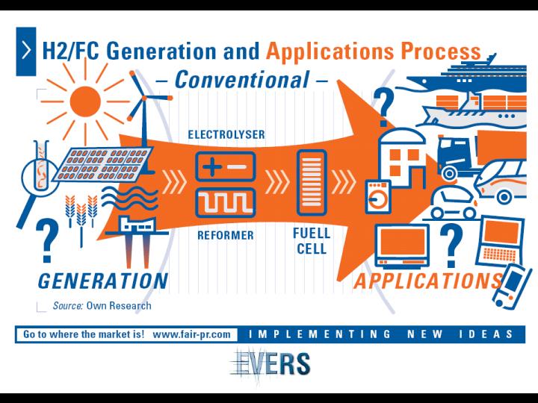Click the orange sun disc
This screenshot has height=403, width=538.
tap(85, 101)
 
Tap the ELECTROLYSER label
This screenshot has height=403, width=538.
tap(226, 134)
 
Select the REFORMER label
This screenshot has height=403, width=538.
tap(226, 235)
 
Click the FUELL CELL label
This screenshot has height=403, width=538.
tap(312, 241)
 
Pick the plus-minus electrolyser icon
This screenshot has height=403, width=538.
tap(226, 167)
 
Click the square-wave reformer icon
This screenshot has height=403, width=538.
tap(226, 202)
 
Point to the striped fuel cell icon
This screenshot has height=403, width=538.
tap(312, 182)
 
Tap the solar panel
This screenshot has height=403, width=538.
tap(102, 164)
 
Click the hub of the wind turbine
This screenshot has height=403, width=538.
tap(144, 99)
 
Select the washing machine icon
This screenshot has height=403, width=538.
tap(378, 197)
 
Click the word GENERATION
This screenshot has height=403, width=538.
tap(103, 281)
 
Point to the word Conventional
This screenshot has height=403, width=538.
tap(242, 80)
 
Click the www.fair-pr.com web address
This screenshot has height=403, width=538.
tap(191, 334)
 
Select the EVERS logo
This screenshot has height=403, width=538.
tap(270, 363)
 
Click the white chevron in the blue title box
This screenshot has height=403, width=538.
tap(26, 51)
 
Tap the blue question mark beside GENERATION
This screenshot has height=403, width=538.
tap(47, 240)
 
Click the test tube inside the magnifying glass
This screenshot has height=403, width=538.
tap(42, 165)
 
